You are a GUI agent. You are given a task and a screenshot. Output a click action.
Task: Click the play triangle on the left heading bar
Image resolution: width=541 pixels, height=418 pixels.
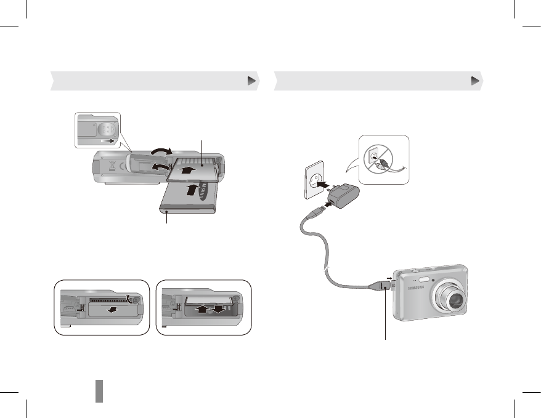pos(251,81)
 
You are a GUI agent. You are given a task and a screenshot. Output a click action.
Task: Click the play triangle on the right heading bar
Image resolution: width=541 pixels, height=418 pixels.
pos(475,81)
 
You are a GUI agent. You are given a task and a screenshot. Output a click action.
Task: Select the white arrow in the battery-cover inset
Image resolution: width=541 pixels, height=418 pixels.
pos(108,141)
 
